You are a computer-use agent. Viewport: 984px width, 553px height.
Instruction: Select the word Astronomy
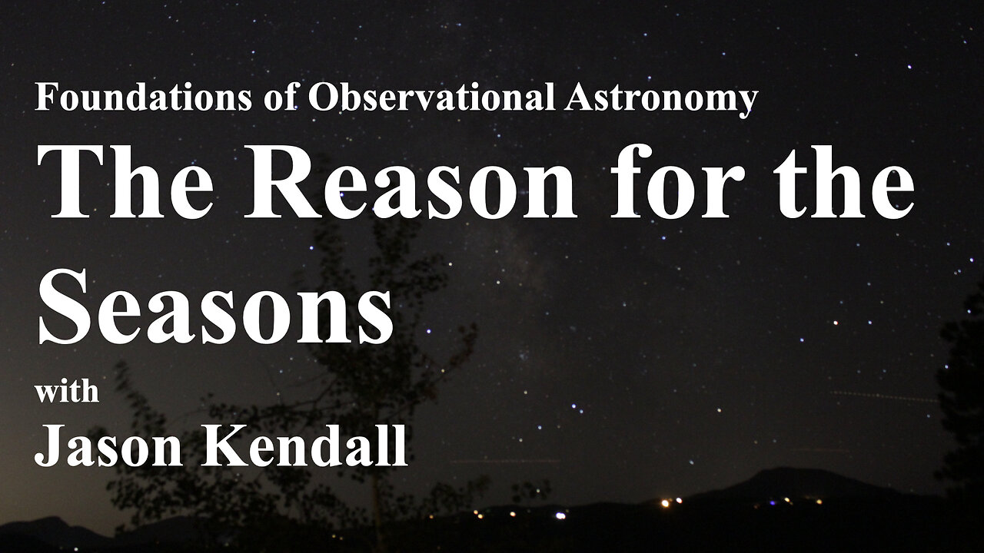pyautogui.click(x=662, y=100)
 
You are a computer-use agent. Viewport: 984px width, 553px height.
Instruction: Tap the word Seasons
pyautogui.click(x=216, y=306)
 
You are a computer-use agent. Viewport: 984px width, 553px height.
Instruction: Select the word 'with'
pyautogui.click(x=67, y=391)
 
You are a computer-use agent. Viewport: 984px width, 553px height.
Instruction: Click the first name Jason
pyautogui.click(x=108, y=445)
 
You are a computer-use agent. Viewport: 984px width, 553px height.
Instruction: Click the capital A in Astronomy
pyautogui.click(x=580, y=97)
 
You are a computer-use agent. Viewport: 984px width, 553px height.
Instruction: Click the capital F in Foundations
pyautogui.click(x=47, y=97)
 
